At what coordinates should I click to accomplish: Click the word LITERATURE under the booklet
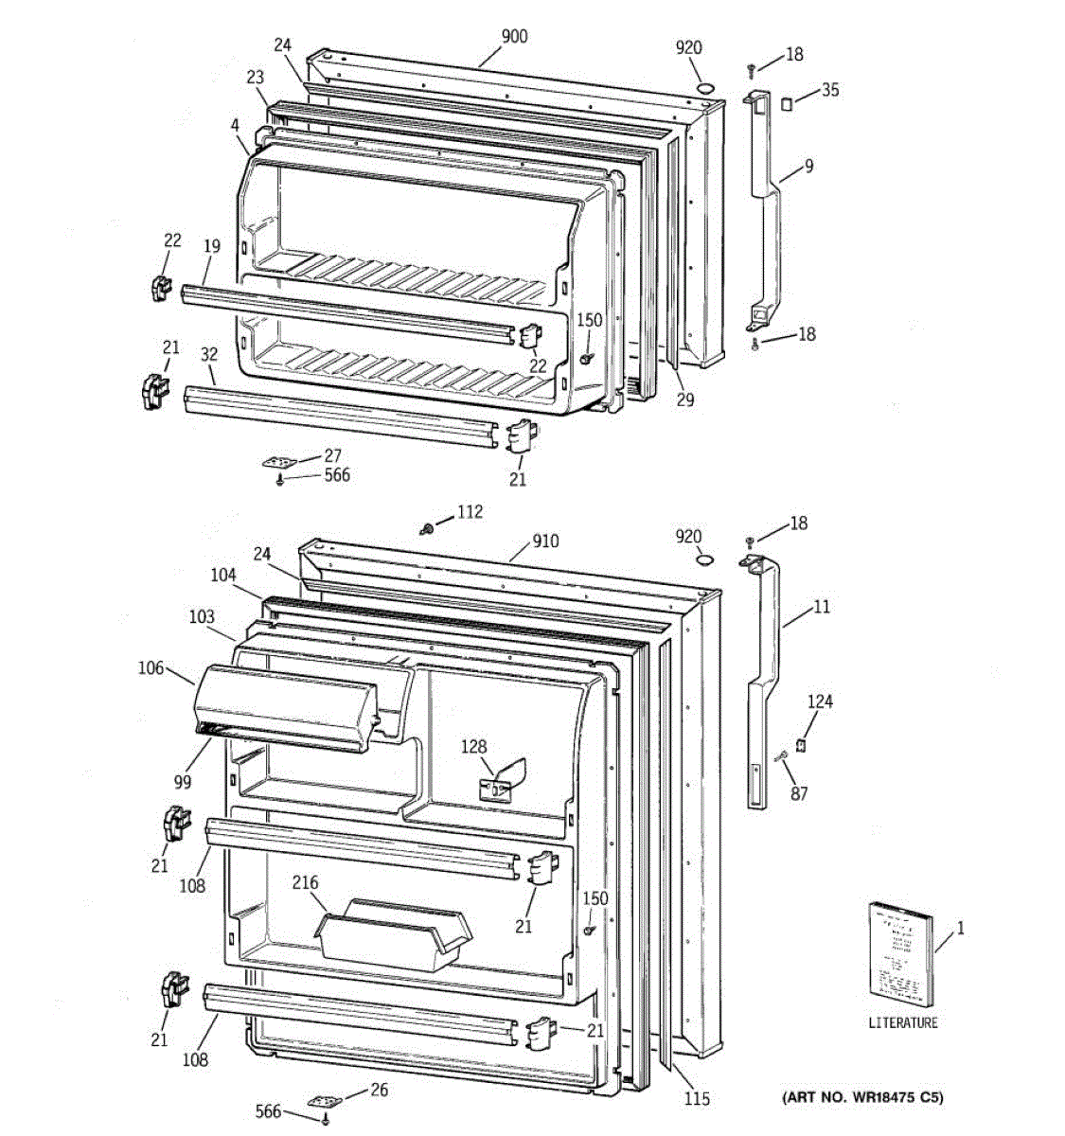coord(903,1022)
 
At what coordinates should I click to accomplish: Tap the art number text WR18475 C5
coord(862,1098)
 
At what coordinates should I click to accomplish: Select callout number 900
coord(514,37)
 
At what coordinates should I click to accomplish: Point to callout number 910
coord(544,541)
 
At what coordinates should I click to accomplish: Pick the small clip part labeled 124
coord(800,745)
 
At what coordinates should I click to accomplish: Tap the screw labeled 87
coord(782,755)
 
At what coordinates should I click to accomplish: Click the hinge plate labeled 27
coord(279,462)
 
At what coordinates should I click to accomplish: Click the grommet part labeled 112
coord(428,526)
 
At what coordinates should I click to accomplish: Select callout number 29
coord(684,399)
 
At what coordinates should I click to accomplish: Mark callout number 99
coord(182,782)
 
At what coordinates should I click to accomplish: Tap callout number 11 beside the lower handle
coord(821,606)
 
